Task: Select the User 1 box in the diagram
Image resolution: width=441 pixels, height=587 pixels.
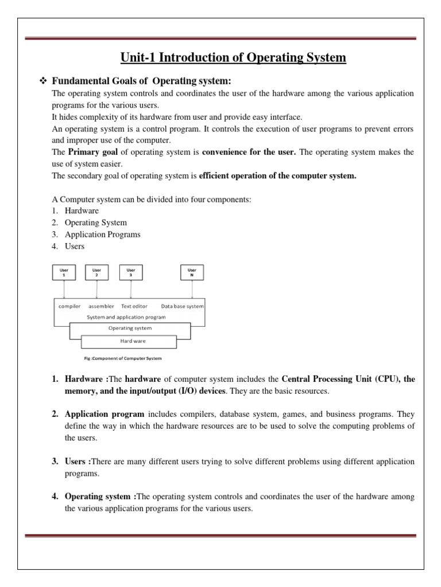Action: coord(63,272)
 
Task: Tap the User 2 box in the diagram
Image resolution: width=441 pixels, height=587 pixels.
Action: coord(96,272)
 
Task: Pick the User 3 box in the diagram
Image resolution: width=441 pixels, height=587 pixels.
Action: coord(130,272)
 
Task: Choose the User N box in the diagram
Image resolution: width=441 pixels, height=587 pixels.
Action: coord(192,272)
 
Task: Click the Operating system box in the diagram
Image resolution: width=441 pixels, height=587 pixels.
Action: coord(130,328)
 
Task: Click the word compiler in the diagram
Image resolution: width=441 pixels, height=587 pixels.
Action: coord(69,306)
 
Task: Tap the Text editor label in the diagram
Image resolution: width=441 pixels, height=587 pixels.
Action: coord(135,306)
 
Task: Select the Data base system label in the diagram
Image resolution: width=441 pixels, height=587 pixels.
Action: coord(182,306)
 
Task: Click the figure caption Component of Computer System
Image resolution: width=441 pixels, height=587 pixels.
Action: coord(123,358)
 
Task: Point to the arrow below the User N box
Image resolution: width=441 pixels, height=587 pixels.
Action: coord(192,289)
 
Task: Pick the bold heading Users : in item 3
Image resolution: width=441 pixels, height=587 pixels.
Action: coord(78,461)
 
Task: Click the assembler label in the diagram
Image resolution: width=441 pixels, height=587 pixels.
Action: coord(101,306)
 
